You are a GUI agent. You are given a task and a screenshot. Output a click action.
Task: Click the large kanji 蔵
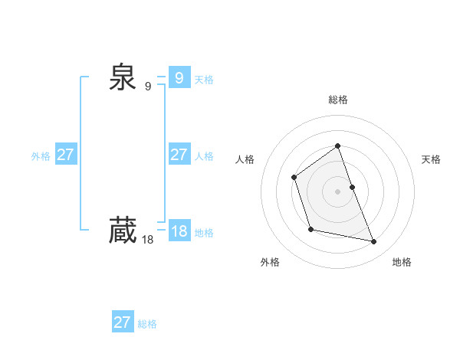click(122, 231)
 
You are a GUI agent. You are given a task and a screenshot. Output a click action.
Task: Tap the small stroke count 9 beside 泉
click(148, 87)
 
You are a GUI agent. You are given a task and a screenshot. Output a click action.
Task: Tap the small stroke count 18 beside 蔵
click(148, 240)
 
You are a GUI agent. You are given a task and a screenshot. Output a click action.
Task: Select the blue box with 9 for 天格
click(179, 77)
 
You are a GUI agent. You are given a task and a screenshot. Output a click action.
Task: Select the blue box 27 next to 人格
click(179, 155)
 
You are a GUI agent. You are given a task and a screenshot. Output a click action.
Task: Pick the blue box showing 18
click(179, 231)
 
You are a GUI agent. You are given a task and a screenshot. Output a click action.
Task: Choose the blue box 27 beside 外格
click(66, 155)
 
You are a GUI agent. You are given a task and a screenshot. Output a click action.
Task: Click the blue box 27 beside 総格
click(123, 322)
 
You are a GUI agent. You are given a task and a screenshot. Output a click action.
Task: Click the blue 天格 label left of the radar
click(204, 80)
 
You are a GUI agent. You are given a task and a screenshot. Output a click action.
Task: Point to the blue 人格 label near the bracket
click(204, 156)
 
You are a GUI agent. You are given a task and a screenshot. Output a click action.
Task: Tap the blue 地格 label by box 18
click(204, 233)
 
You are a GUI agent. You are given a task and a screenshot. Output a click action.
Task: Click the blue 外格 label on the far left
click(41, 156)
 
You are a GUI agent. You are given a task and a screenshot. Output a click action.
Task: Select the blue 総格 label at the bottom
click(147, 324)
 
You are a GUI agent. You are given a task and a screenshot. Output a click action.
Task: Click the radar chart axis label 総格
click(338, 100)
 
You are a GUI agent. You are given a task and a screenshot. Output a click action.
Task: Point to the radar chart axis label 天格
click(432, 159)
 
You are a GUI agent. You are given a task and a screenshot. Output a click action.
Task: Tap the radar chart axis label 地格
click(402, 262)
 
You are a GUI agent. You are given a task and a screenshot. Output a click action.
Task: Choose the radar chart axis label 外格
click(270, 262)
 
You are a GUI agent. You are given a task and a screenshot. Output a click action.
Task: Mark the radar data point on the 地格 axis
click(374, 242)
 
